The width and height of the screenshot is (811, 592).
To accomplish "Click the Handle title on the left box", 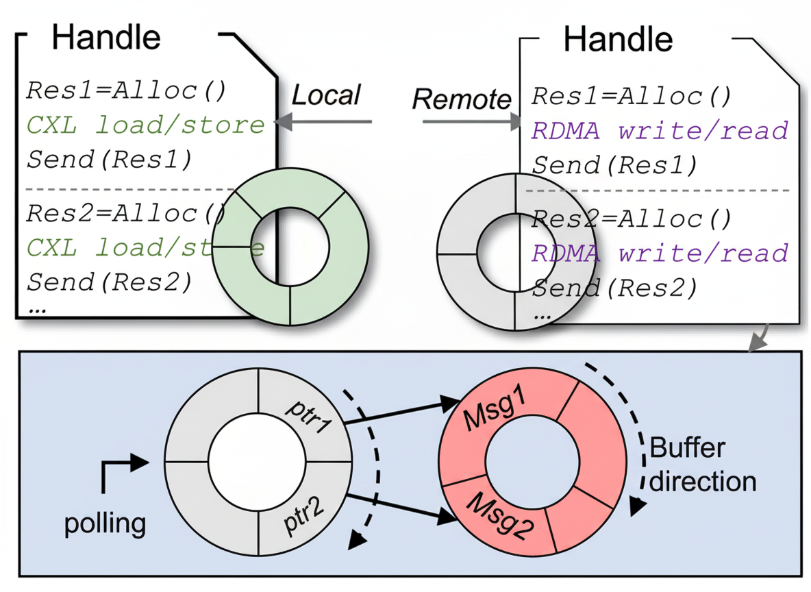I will tap(106, 38).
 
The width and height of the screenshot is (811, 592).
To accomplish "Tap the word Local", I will tap(326, 95).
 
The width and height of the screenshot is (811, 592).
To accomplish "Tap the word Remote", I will tap(461, 100).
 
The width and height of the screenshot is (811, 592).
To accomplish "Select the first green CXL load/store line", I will tap(145, 125).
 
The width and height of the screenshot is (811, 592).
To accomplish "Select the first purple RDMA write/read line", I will tap(660, 130).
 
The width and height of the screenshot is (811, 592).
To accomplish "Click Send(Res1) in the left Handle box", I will tap(108, 159).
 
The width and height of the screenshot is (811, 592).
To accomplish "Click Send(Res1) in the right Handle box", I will tap(614, 165).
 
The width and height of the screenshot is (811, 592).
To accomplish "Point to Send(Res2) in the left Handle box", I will tap(108, 281).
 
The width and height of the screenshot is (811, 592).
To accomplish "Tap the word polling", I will tap(105, 524).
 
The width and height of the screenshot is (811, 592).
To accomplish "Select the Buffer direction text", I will tap(702, 465).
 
